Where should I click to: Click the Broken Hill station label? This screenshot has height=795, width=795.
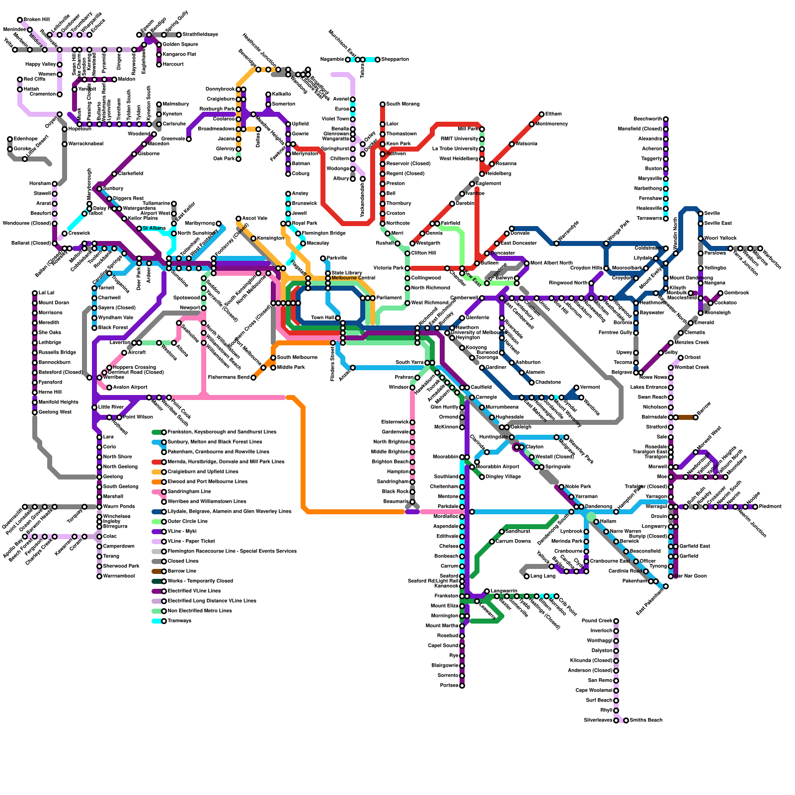click(x=37, y=20)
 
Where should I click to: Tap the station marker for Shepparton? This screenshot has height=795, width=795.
click(x=378, y=60)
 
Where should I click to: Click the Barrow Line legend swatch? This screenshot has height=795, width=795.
click(x=158, y=571)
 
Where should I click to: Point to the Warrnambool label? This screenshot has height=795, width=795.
click(x=119, y=576)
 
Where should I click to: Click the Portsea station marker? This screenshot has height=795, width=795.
click(x=462, y=686)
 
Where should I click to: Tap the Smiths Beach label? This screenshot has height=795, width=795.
click(x=646, y=720)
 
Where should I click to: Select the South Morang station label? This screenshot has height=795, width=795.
click(x=402, y=104)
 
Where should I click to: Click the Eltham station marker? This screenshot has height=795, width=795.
click(x=542, y=114)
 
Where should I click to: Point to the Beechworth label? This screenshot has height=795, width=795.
click(x=647, y=119)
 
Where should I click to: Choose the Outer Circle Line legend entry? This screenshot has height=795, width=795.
click(x=188, y=522)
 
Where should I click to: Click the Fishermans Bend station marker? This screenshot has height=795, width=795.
click(x=253, y=378)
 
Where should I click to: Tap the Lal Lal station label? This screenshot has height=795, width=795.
click(x=46, y=293)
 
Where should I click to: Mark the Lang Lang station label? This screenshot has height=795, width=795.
click(x=543, y=576)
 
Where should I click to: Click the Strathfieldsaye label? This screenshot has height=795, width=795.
click(x=200, y=35)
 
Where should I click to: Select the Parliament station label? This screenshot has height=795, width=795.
click(x=389, y=298)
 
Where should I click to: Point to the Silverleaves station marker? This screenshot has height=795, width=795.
click(x=616, y=720)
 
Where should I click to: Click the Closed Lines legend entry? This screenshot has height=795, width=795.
click(x=183, y=561)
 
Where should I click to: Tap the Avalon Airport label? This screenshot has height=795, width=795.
click(x=130, y=388)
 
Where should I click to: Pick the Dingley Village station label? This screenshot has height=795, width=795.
click(x=503, y=477)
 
